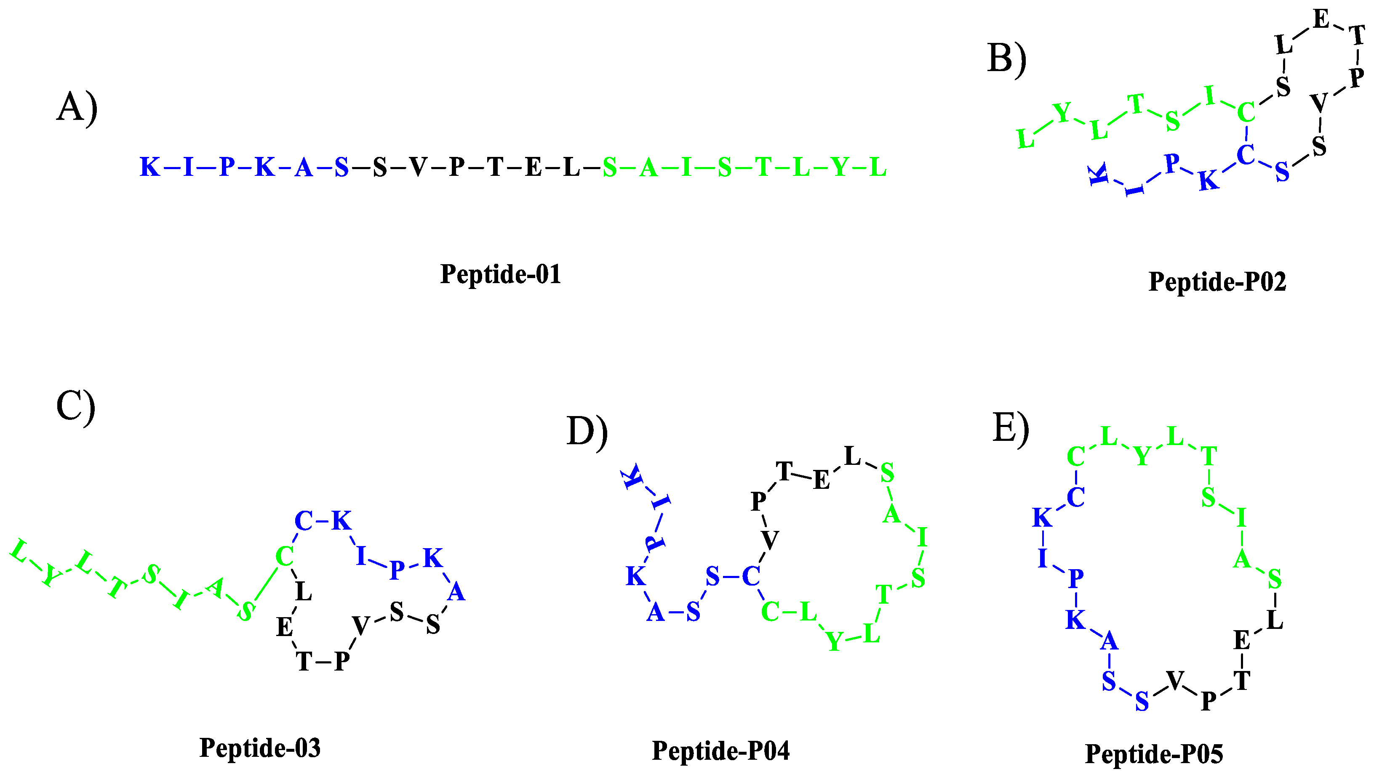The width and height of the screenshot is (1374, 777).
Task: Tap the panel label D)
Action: pyautogui.click(x=586, y=431)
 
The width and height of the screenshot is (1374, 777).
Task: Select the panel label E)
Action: pyautogui.click(x=1010, y=427)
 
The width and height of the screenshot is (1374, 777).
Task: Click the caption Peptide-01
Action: pyautogui.click(x=500, y=274)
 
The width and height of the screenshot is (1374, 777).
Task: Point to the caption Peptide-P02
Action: pyautogui.click(x=1217, y=281)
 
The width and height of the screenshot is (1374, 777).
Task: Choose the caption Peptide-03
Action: pyautogui.click(x=260, y=748)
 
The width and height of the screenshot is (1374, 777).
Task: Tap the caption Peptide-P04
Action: pyautogui.click(x=720, y=750)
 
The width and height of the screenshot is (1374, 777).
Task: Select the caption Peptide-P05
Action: pyautogui.click(x=1154, y=753)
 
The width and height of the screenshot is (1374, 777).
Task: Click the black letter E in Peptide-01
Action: pyautogui.click(x=533, y=167)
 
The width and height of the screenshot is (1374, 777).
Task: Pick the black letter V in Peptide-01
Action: pyautogui.click(x=418, y=167)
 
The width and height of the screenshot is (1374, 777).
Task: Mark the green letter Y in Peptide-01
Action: pyautogui.click(x=840, y=167)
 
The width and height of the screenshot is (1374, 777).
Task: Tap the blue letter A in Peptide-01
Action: pyautogui.click(x=303, y=167)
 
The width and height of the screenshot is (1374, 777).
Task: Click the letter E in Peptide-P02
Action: pyautogui.click(x=1321, y=20)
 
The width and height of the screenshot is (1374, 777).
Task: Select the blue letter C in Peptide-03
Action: pyautogui.click(x=303, y=520)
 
